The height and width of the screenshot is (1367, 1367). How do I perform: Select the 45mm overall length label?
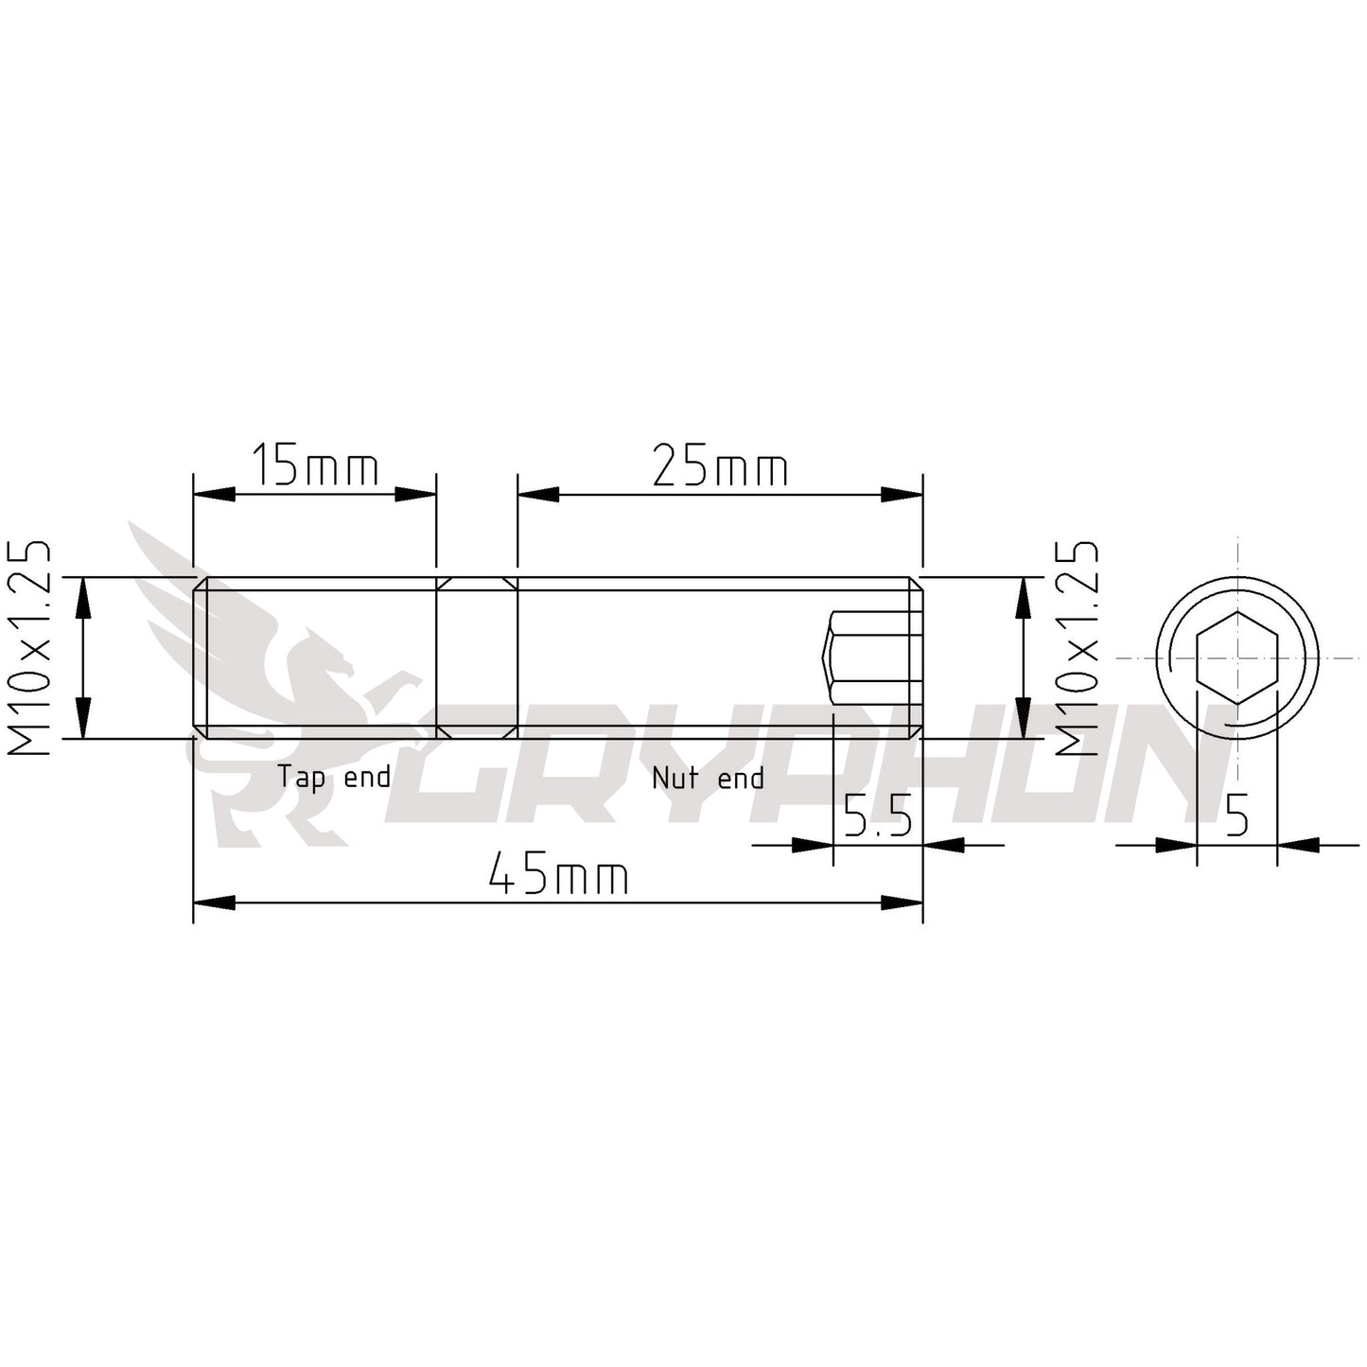558,876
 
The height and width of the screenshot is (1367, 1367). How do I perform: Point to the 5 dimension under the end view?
1236,815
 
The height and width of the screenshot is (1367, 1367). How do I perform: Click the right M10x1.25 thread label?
1078,649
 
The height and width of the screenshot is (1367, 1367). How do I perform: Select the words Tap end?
333,778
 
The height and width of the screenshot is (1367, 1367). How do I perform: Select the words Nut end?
708,778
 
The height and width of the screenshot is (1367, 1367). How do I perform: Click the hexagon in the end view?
1236,657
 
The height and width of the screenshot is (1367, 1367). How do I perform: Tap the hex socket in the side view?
870,657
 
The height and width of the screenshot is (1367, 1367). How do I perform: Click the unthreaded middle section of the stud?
477,657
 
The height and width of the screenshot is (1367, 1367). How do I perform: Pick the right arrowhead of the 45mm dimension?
902,903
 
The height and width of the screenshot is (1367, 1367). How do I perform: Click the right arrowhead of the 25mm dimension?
902,494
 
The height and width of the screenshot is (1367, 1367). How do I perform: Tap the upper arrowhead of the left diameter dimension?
83,597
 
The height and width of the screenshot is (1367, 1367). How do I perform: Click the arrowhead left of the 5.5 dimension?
812,844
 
